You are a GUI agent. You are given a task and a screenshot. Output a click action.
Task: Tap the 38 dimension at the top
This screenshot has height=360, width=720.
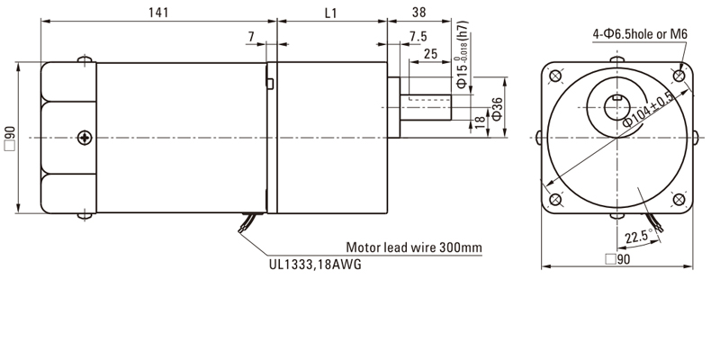(418, 13)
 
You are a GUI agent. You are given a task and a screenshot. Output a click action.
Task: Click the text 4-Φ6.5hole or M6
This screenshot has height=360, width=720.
(640, 34)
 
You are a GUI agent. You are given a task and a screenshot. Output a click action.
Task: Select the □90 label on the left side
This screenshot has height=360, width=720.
(10, 137)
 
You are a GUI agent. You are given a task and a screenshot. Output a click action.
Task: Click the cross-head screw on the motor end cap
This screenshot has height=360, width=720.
(85, 137)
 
